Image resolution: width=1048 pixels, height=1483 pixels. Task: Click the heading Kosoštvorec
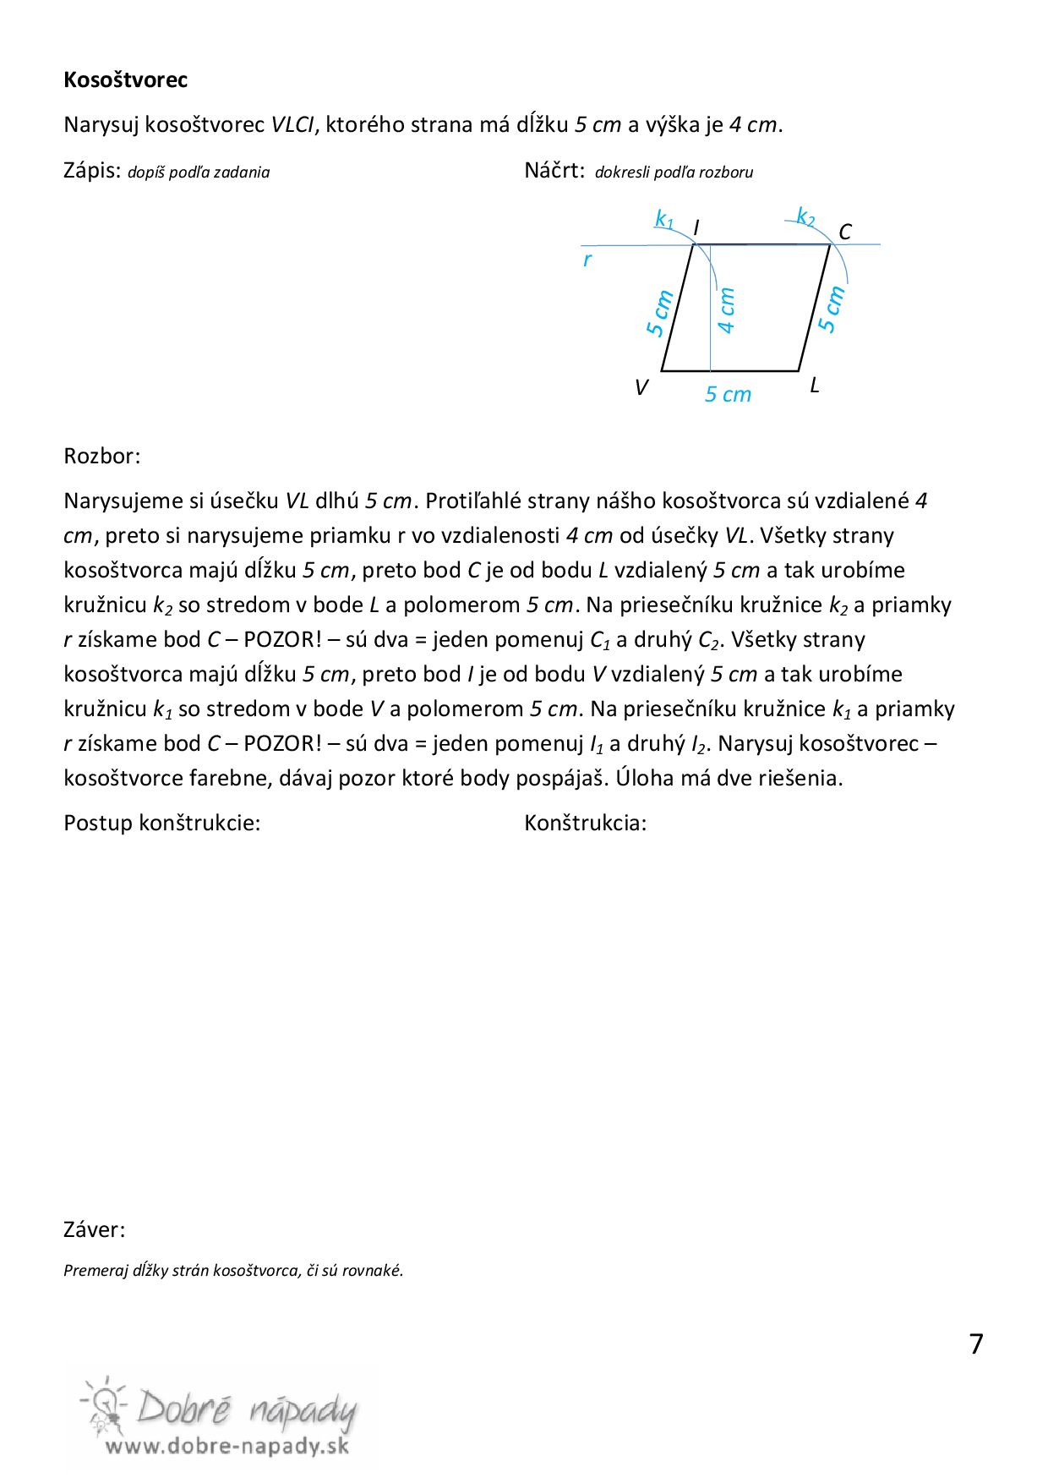point(125,80)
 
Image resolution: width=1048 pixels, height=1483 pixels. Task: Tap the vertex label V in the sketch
point(641,387)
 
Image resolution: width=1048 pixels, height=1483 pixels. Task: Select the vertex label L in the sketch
point(815,386)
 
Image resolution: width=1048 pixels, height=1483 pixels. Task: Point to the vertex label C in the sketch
point(844,232)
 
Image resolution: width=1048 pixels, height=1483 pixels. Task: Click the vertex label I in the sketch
point(696,228)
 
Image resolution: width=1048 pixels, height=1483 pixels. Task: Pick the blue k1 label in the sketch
point(664,220)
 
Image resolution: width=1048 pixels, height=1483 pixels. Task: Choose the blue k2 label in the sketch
point(806,217)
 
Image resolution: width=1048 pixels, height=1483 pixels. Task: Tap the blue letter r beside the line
point(587,260)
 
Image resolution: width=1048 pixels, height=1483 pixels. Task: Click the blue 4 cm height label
point(726,310)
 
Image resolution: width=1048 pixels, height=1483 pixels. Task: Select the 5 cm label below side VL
point(728,395)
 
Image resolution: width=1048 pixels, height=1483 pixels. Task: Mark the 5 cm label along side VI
point(659,313)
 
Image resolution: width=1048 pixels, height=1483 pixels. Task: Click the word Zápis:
point(92,171)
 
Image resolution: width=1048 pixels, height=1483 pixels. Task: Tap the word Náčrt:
point(554,171)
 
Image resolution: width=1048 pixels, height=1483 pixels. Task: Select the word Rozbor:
point(102,457)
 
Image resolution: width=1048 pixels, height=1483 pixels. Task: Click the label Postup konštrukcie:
point(162,824)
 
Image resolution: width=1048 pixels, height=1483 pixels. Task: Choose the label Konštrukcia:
point(586,824)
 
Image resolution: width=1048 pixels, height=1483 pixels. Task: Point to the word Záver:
point(95,1230)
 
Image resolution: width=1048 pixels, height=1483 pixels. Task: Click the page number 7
point(976,1343)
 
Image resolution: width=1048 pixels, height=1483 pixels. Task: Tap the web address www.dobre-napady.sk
point(227,1446)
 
